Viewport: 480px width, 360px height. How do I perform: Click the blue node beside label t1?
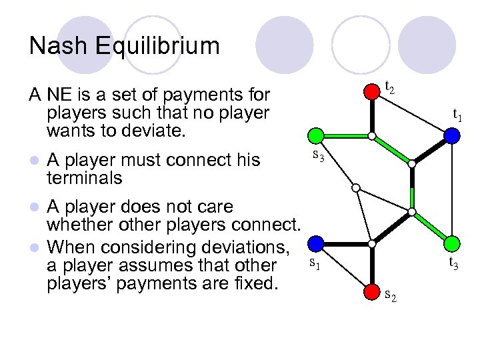(x=452, y=136)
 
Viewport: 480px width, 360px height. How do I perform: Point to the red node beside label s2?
(x=372, y=292)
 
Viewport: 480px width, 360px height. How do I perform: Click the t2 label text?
(x=390, y=87)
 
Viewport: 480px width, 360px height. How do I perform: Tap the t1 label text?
(x=458, y=115)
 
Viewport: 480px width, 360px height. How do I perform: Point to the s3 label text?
(x=319, y=157)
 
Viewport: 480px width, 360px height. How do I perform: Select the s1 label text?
(x=315, y=265)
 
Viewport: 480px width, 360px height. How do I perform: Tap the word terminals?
(x=85, y=178)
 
